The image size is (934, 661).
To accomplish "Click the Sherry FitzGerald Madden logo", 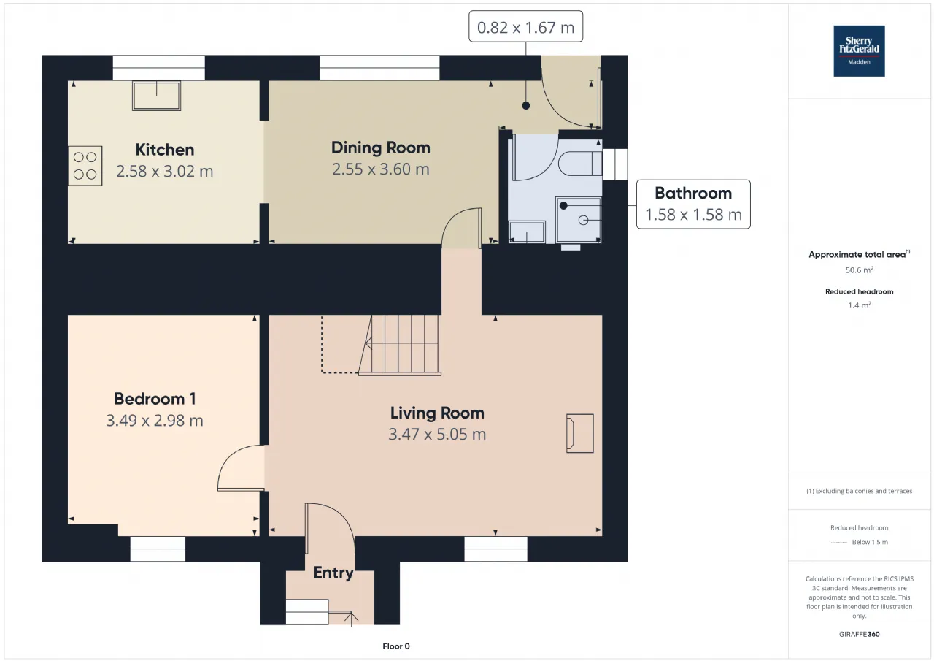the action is [859, 51].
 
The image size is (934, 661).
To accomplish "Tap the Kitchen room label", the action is [165, 150].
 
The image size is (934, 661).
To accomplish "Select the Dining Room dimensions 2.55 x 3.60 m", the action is [381, 169].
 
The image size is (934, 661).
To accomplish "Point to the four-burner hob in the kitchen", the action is [85, 166].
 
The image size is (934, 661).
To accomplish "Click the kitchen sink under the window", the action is [156, 96].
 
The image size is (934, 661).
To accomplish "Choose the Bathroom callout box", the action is [693, 204].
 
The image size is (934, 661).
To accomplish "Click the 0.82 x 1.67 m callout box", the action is [525, 26].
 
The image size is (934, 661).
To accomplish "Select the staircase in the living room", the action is [399, 345].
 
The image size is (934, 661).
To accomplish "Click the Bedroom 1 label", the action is [155, 399].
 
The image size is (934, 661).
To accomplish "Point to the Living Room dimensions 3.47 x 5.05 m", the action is [437, 434].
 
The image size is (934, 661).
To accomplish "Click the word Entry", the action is [333, 573].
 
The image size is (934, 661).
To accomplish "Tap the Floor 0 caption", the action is [396, 646].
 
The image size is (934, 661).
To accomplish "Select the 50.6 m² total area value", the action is [859, 270].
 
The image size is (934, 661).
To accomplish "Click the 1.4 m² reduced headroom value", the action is [859, 305].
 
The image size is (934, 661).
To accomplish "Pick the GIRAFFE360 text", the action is [859, 634].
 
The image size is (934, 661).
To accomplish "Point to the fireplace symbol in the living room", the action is [579, 433].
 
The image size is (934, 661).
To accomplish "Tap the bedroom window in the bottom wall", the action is [158, 549].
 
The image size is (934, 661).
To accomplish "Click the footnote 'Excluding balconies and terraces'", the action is [859, 491].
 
